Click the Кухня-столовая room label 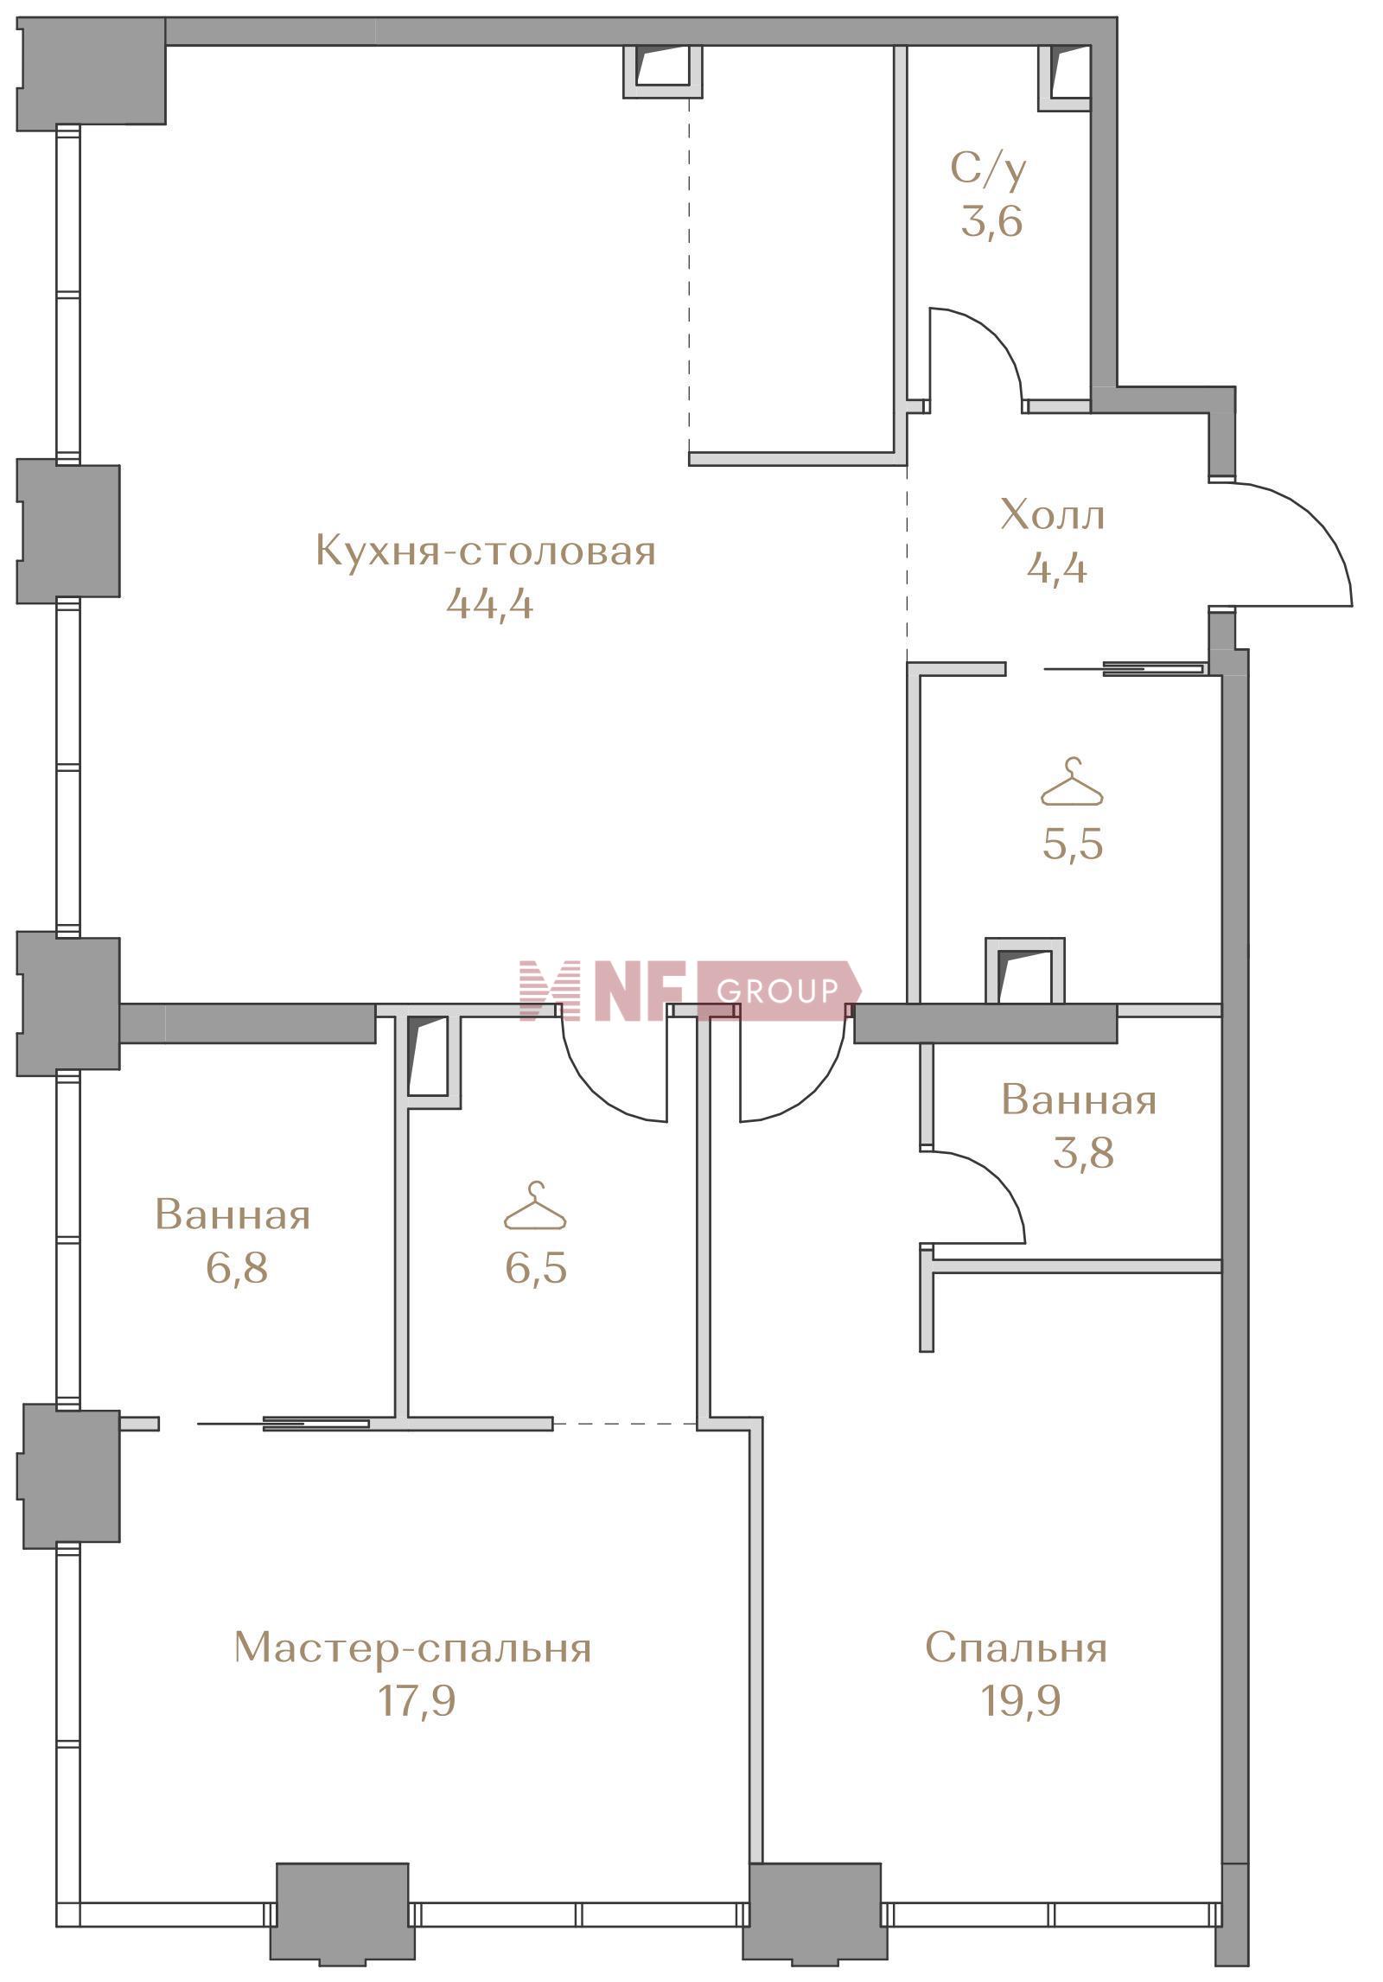pyautogui.click(x=487, y=551)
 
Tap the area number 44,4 pyautogui.click(x=489, y=603)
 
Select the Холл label pyautogui.click(x=1053, y=515)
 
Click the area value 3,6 pyautogui.click(x=992, y=221)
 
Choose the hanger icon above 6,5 pyautogui.click(x=536, y=1204)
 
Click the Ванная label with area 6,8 pyautogui.click(x=233, y=1214)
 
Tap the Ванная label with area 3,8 pyautogui.click(x=1079, y=1100)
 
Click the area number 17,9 pyautogui.click(x=417, y=1701)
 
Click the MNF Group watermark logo pyautogui.click(x=690, y=990)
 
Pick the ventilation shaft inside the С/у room pyautogui.click(x=1064, y=78)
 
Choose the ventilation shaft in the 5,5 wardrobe pyautogui.click(x=1025, y=971)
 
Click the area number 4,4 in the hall pyautogui.click(x=1056, y=569)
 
